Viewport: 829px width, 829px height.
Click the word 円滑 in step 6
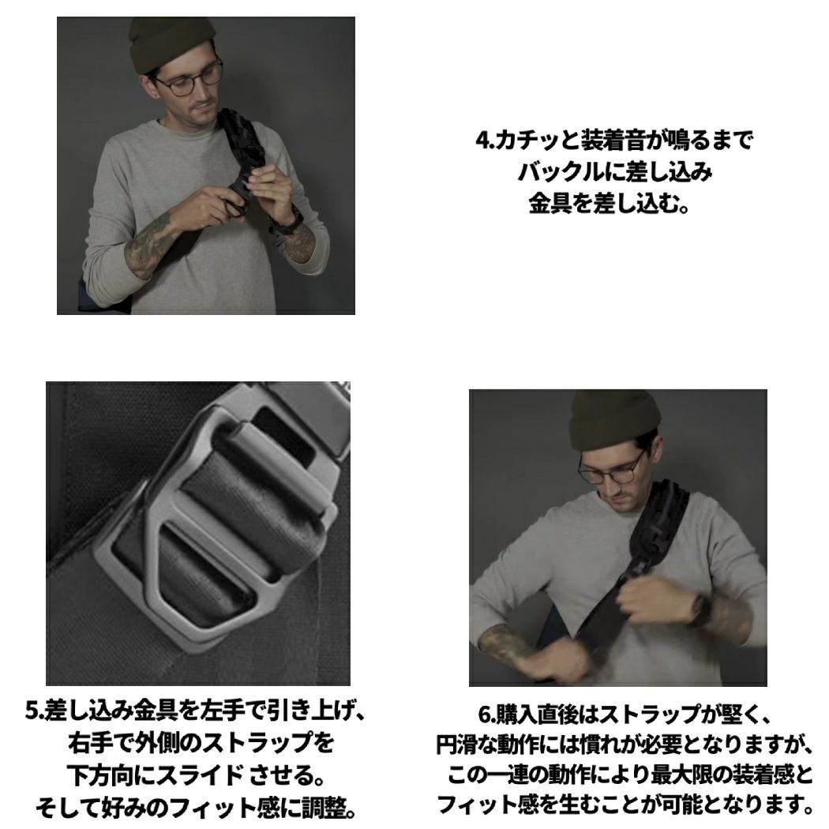tap(456, 745)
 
